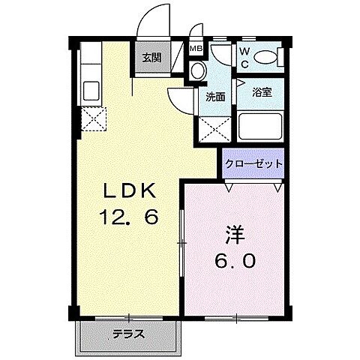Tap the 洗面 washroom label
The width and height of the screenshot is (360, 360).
pyautogui.click(x=216, y=97)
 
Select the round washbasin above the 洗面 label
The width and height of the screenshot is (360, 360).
pyautogui.click(x=198, y=71)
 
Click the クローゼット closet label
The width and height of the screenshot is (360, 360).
pyautogui.click(x=253, y=163)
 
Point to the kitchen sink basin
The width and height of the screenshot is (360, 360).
pyautogui.click(x=88, y=89)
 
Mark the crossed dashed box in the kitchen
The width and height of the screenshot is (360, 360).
pyautogui.click(x=94, y=118)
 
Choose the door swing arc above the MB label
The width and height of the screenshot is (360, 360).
pyautogui.click(x=196, y=33)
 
